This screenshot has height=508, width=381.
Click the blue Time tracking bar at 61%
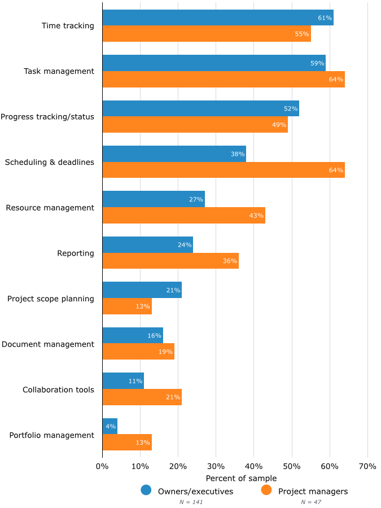218,17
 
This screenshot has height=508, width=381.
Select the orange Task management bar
224,80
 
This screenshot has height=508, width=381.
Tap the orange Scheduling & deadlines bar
224,170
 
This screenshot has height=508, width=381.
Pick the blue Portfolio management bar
110,426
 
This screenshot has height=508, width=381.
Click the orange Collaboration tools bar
142,397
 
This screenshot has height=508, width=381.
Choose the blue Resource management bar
154,199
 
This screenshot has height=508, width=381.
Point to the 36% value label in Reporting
230,261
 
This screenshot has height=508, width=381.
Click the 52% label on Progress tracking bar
291,108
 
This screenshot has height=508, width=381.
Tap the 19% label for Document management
165,352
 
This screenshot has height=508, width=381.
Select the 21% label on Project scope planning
173,290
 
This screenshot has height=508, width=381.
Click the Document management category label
48,344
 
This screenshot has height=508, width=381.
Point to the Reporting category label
76,253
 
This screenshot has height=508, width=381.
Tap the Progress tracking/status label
47,117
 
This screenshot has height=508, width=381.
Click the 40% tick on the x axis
253,467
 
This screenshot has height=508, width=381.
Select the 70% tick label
367,467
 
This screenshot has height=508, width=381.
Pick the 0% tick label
102,467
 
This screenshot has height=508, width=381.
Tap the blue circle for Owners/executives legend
146,491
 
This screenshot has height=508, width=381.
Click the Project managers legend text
313,491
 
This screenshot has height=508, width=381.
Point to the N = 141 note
191,502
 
